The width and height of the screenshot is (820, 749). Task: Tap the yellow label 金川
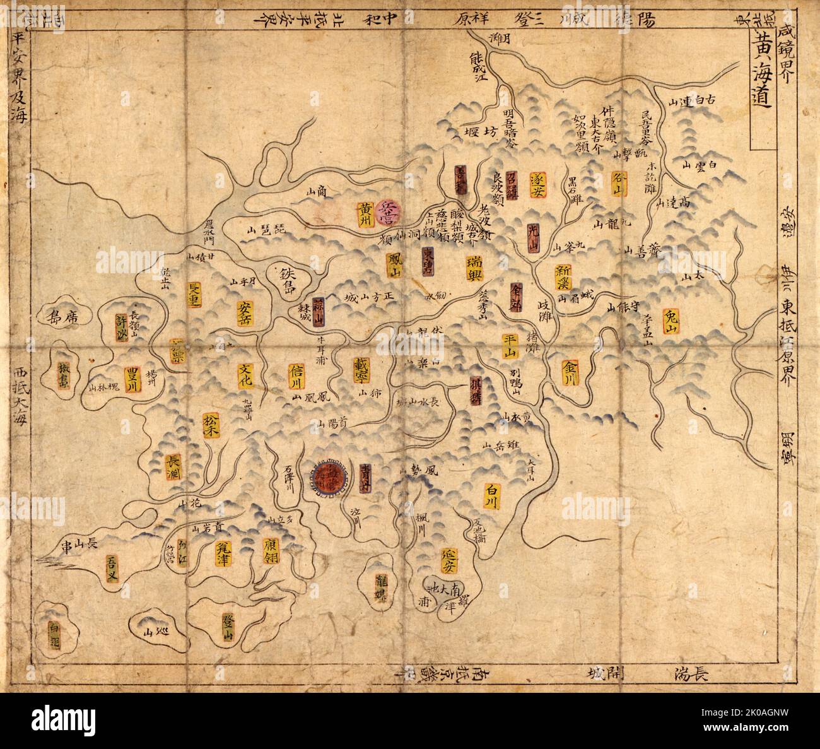pyautogui.click(x=570, y=372)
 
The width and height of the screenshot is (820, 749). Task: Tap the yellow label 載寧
pyautogui.click(x=363, y=372)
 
